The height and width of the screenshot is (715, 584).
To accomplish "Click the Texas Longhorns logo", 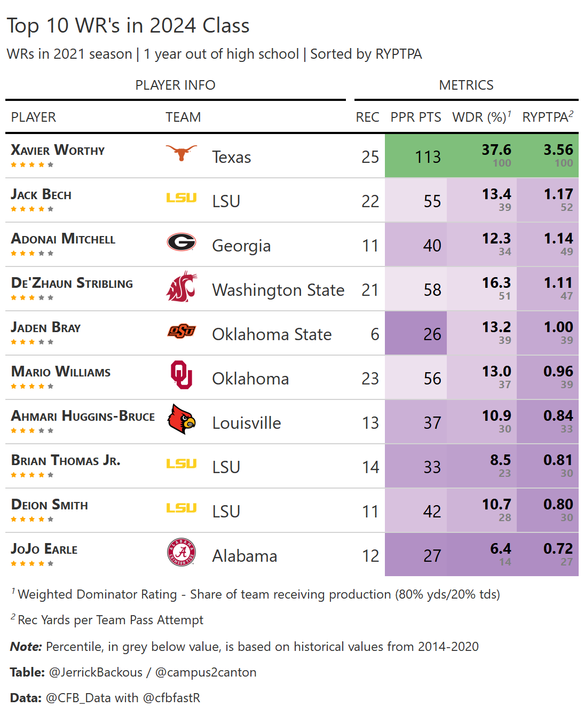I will [181, 153].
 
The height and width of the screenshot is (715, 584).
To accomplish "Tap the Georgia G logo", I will [181, 242].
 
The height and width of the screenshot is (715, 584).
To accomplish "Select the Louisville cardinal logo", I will [181, 419].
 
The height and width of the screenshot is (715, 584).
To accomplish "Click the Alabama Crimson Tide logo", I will [181, 552].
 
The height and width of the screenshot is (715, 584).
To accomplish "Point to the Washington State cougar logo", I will [181, 287].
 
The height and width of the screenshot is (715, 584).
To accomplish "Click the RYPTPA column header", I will [547, 117].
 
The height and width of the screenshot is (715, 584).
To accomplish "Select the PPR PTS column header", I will [416, 117].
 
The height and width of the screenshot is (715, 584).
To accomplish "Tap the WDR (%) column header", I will [481, 117].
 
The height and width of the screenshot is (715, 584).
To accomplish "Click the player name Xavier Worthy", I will [58, 150].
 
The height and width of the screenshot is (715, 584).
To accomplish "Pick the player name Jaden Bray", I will [46, 327].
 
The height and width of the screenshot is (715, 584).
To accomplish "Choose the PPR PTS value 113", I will [428, 157].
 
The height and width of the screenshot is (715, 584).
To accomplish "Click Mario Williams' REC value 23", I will [370, 379].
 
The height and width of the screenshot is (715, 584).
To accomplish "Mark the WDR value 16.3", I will [496, 283].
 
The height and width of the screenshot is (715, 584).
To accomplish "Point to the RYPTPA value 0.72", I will [558, 549].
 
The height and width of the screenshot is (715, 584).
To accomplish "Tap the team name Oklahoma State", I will [272, 334].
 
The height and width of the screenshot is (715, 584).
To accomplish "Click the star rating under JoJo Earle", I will [32, 563].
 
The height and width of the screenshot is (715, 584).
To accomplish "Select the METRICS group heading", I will [466, 85].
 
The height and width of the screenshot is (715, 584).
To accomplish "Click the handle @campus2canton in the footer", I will [206, 672].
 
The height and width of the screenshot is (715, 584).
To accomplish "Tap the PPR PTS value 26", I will [432, 334].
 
